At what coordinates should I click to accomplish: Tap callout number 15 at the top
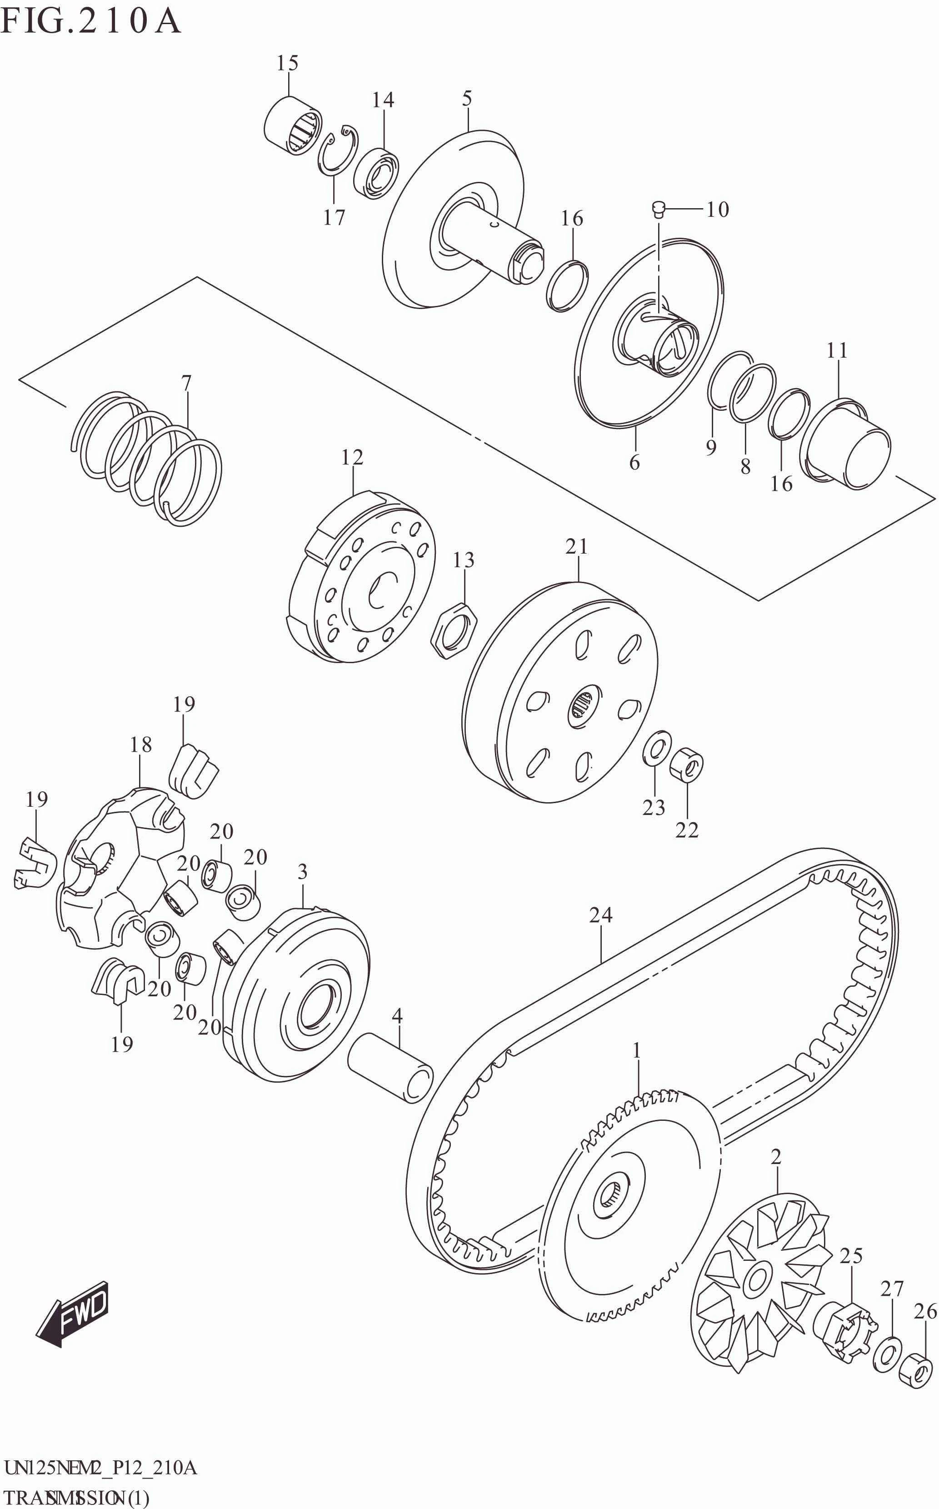(287, 63)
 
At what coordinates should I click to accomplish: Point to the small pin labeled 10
(659, 209)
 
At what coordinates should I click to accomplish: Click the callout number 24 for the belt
(600, 914)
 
